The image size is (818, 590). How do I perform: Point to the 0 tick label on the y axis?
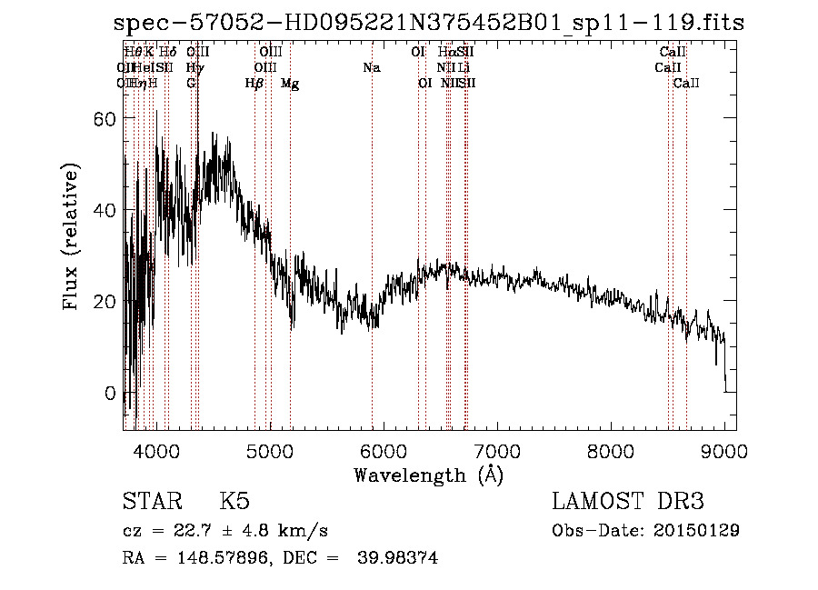point(109,394)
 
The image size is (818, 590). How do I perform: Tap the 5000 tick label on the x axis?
point(269,450)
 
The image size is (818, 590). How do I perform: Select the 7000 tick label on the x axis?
point(497,450)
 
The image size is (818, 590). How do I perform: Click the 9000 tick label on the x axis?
point(724,450)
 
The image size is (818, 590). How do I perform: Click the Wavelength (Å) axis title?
point(428,475)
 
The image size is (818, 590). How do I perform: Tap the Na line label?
point(371,67)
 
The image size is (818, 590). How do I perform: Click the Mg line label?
point(290,84)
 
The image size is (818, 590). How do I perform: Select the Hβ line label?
point(254,84)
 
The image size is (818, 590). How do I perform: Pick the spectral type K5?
point(234,502)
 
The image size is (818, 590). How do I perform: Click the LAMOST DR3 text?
point(628,502)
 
